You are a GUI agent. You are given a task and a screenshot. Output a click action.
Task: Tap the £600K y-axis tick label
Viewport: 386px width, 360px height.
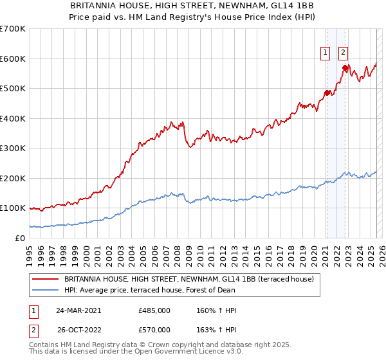(x=12, y=59)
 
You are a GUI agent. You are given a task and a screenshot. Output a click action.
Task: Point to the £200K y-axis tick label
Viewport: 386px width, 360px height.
(x=12, y=178)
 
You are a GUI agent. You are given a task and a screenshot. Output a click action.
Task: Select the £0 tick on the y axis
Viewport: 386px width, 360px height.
(x=20, y=238)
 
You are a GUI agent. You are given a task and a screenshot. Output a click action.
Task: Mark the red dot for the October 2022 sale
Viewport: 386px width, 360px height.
(x=345, y=67)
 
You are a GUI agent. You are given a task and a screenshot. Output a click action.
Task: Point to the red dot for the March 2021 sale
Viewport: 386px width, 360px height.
(x=327, y=93)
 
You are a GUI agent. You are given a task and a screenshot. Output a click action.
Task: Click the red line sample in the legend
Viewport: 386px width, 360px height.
(x=46, y=280)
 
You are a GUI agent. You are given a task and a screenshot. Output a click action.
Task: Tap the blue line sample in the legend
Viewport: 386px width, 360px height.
(x=46, y=291)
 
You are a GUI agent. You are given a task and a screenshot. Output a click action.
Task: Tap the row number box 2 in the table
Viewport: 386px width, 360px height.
(x=32, y=330)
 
